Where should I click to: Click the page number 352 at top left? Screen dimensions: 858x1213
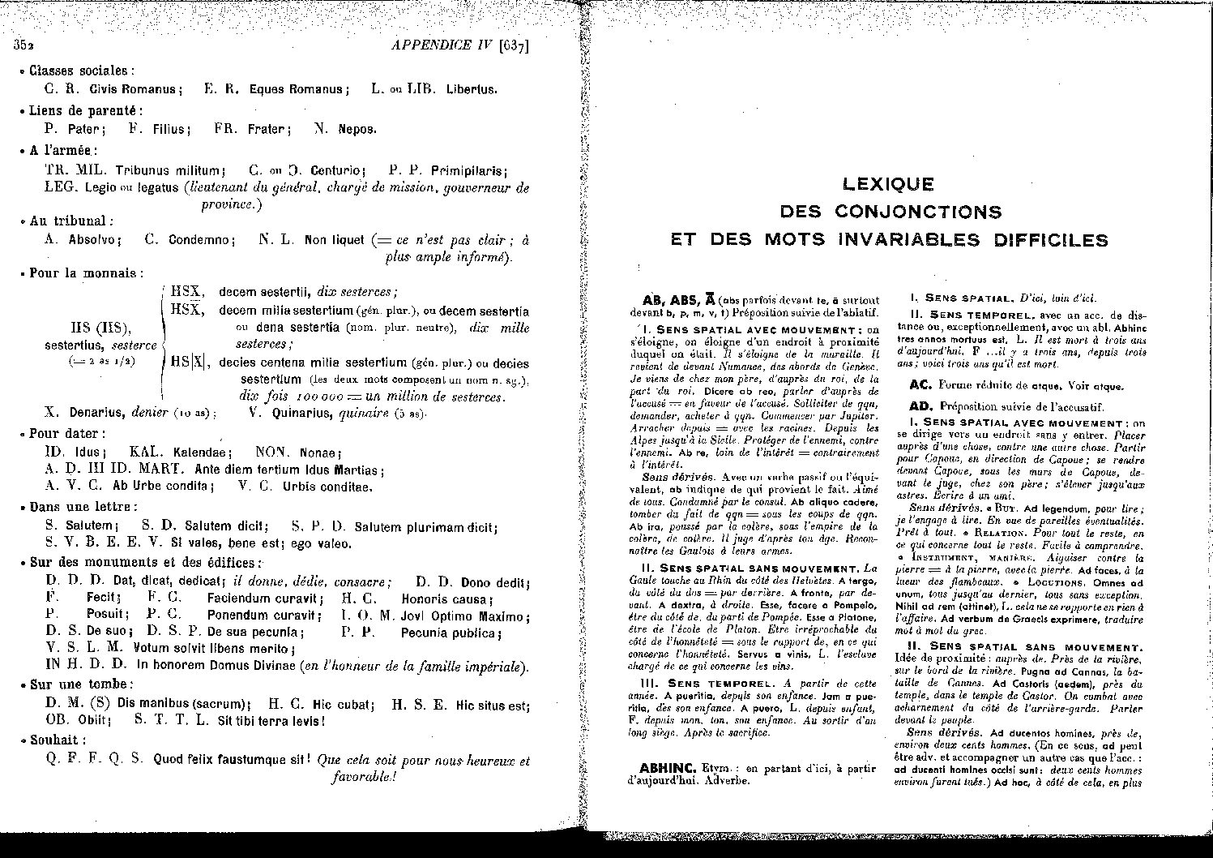(23, 45)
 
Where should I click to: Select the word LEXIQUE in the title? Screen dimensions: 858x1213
(888, 185)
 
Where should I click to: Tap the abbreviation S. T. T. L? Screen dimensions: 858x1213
(172, 719)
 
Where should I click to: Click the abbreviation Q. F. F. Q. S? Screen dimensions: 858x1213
(95, 760)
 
